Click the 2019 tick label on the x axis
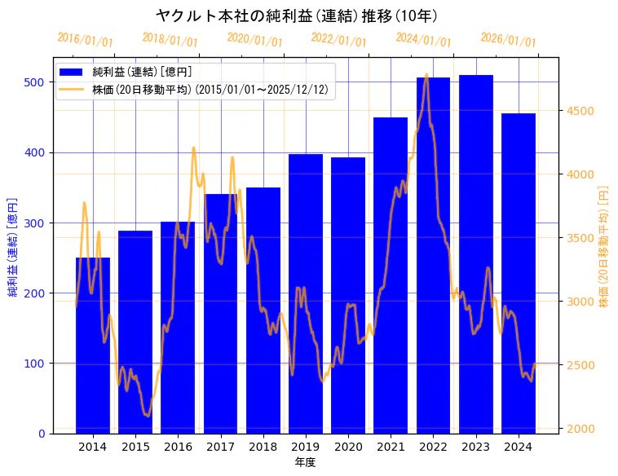coord(306,447)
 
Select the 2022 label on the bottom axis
coord(433,447)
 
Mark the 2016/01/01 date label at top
coord(85,40)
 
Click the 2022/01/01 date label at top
coord(338,40)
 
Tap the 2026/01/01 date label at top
coord(508,40)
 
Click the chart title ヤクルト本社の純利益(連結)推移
coord(298,15)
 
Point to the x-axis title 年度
coord(305,462)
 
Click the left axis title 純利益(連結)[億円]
coord(13,246)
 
